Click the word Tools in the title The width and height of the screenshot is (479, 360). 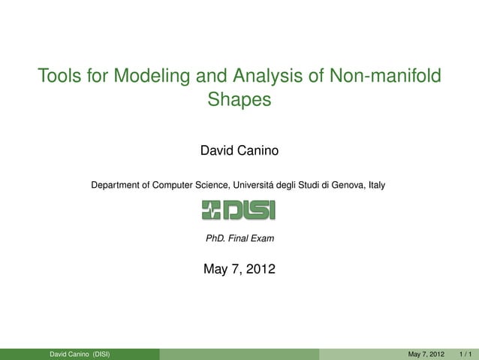(x=59, y=76)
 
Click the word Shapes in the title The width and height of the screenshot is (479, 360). (x=239, y=99)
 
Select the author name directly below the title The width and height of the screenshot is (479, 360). (x=239, y=152)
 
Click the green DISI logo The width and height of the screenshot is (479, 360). (x=239, y=210)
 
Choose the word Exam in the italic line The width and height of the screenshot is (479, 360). (x=263, y=240)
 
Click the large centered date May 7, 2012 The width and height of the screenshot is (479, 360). (x=239, y=269)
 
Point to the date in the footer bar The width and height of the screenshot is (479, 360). (x=426, y=354)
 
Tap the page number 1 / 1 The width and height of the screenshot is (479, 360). (x=465, y=354)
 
